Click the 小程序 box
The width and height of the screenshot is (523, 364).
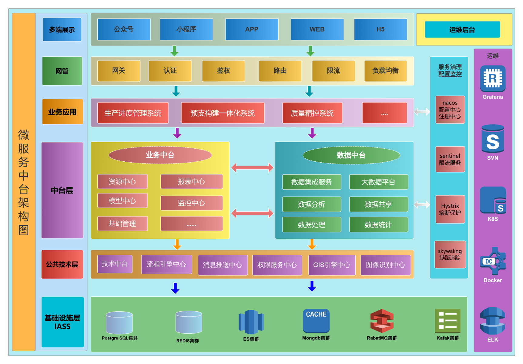186,29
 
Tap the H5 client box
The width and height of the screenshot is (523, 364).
381,29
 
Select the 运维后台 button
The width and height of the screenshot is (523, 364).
462,29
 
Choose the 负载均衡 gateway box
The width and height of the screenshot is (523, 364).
385,71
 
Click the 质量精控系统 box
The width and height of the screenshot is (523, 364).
312,113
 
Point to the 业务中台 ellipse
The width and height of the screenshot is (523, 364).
160,155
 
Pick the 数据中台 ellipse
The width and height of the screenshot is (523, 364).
351,155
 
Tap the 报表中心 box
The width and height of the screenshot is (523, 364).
192,181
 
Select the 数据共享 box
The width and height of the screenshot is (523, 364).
379,204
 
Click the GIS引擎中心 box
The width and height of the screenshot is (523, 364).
332,265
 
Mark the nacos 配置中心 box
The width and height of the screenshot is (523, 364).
450,110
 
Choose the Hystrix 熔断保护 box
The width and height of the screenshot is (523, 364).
450,209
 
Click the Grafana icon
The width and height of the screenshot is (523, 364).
493,79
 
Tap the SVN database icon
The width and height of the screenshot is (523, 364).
493,139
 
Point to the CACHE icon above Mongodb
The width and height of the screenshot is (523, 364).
316,321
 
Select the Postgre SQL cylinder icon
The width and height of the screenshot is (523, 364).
119,322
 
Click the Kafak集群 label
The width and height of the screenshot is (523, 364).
448,338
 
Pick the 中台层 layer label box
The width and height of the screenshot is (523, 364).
62,190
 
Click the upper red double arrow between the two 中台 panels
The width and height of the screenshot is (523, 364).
252,167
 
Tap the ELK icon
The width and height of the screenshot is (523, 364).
493,321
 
